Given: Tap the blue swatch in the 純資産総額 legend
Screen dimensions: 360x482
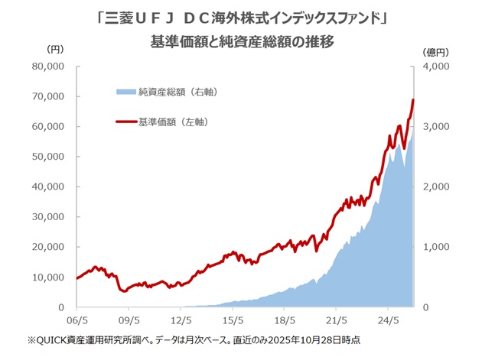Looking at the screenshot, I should (125, 92).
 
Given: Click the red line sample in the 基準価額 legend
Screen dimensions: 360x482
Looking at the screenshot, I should (125, 122).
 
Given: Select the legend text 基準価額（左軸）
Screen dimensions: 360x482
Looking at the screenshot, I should (174, 122).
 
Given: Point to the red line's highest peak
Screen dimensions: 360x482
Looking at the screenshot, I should (413, 99).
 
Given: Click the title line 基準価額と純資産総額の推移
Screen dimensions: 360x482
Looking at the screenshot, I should (241, 41).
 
